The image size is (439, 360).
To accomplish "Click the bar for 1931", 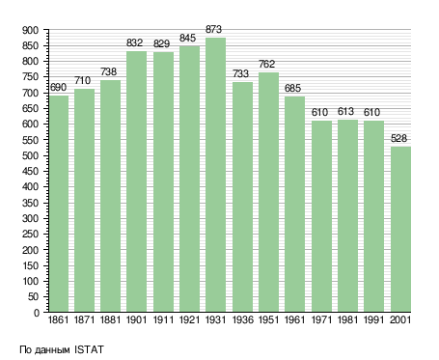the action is pyautogui.click(x=215, y=175).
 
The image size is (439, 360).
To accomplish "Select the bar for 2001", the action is pyautogui.click(x=400, y=229).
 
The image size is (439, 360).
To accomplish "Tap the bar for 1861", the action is pyautogui.click(x=59, y=204).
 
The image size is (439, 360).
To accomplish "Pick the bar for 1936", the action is pyautogui.click(x=242, y=197).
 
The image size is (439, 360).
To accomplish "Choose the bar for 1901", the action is pyautogui.click(x=136, y=181).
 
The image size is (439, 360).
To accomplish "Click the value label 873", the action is pyautogui.click(x=214, y=30).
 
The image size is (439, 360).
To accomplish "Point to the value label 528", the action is pyautogui.click(x=398, y=138).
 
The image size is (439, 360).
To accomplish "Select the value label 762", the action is pyautogui.click(x=267, y=64).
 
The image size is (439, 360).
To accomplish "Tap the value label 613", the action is pyautogui.click(x=345, y=111).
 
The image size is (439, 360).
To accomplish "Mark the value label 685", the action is pyautogui.click(x=292, y=88).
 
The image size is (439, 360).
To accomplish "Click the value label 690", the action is pyautogui.click(x=58, y=87).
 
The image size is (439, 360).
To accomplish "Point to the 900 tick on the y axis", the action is pyautogui.click(x=30, y=31).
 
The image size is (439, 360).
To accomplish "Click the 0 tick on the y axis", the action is pyautogui.click(x=36, y=313).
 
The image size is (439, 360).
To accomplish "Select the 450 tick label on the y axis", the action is pyautogui.click(x=30, y=172).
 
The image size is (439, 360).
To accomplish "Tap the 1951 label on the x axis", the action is pyautogui.click(x=268, y=319).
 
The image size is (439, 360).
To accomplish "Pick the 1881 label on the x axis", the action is pyautogui.click(x=110, y=319).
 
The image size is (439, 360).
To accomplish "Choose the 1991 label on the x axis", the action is pyautogui.click(x=373, y=319).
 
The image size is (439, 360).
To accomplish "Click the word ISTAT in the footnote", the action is pyautogui.click(x=89, y=349).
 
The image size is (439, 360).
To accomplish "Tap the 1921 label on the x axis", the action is pyautogui.click(x=189, y=319).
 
